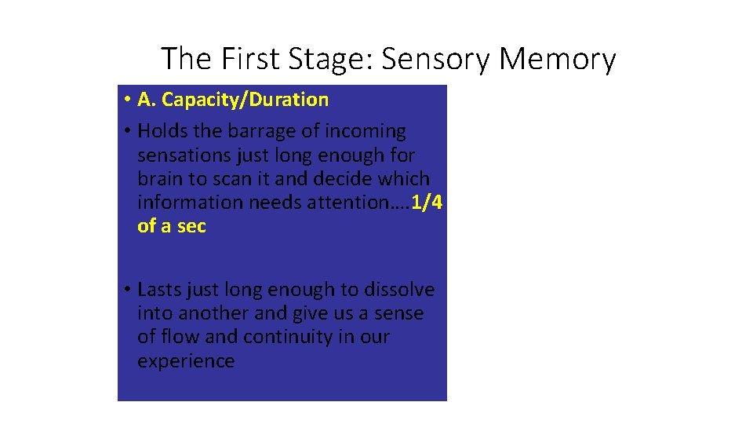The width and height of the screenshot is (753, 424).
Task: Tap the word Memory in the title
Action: coord(558,59)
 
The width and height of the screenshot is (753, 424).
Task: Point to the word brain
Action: coord(158,179)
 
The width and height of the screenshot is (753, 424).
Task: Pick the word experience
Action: coord(186,361)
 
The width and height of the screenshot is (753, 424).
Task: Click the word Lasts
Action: coord(158,290)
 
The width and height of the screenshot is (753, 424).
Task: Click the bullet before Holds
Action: coord(126,131)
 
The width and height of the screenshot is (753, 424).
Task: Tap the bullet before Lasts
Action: coord(126,290)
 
